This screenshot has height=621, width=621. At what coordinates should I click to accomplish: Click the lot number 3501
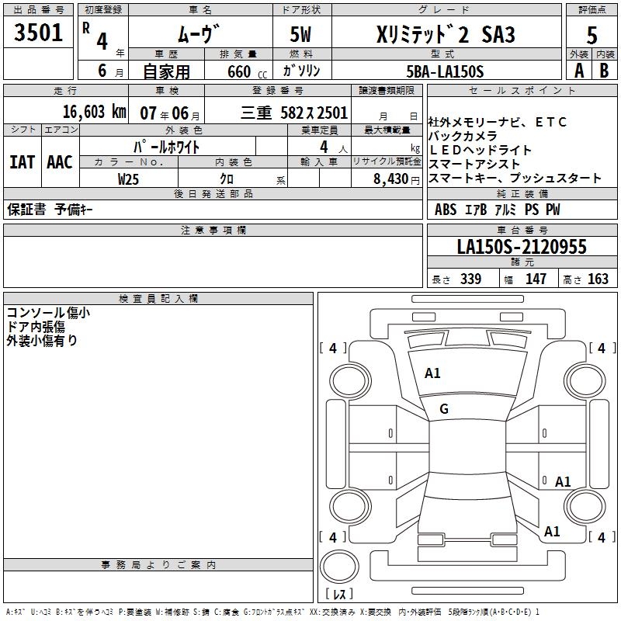tap(39, 34)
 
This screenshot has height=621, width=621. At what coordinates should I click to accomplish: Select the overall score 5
tap(592, 36)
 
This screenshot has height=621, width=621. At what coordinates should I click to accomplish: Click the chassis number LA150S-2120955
tap(521, 247)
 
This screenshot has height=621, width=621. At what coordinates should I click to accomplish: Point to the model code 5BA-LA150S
tap(445, 71)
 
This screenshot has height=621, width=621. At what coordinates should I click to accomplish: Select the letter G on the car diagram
tap(444, 409)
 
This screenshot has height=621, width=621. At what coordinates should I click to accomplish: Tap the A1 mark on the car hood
tap(432, 373)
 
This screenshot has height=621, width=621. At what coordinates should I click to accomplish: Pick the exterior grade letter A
tap(578, 71)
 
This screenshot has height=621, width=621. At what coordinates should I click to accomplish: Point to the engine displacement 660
tap(239, 71)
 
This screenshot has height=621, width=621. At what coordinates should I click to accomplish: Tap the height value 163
tap(598, 279)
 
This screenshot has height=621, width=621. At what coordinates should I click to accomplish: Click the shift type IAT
tap(22, 162)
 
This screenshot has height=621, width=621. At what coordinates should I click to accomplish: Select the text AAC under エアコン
tap(60, 162)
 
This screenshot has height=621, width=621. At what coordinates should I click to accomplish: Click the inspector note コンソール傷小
tap(47, 313)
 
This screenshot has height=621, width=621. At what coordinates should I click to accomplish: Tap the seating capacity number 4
tap(323, 146)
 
